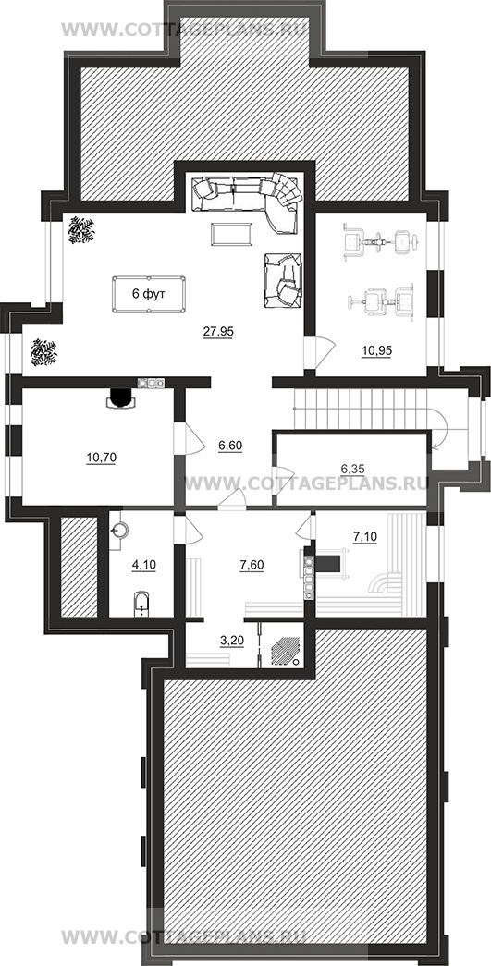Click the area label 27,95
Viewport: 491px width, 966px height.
[219, 332]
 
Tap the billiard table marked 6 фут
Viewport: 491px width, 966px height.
[149, 295]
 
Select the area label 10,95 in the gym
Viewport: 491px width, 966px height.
[377, 350]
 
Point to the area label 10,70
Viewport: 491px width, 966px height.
[102, 458]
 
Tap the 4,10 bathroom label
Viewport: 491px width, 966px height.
[144, 564]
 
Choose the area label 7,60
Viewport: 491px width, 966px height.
[252, 564]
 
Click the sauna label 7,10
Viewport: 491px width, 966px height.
[364, 539]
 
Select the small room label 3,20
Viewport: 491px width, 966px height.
[232, 640]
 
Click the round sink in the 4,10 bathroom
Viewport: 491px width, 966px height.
[119, 529]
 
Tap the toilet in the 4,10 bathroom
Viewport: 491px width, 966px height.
[141, 605]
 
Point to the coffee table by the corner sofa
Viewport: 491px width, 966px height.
[231, 234]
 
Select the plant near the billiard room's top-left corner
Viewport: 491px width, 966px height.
[80, 230]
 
